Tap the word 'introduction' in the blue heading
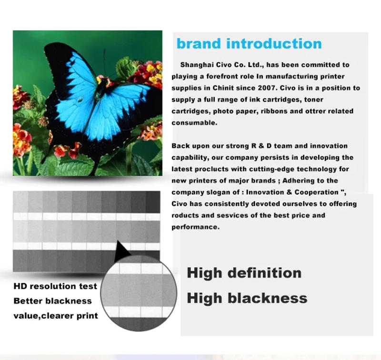click(274, 44)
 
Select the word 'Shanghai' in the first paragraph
click(197, 65)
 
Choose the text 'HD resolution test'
click(55, 287)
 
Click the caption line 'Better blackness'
click(52, 301)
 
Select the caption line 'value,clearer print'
click(56, 315)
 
